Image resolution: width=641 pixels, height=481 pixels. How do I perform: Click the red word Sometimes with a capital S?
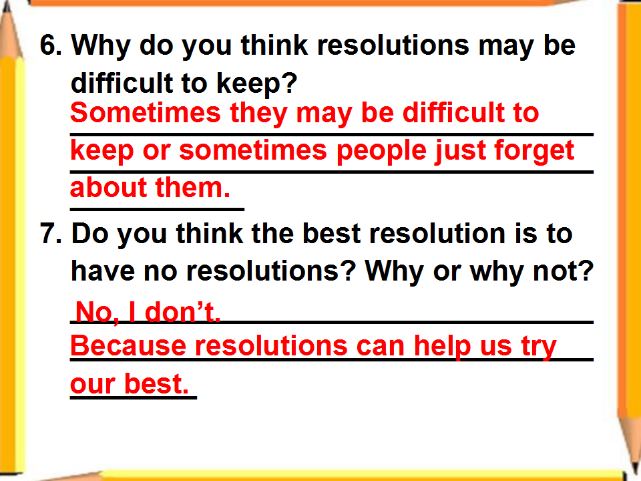(146, 113)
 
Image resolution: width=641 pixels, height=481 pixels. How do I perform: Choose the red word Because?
(129, 345)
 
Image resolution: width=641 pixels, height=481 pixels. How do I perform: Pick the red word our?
(93, 385)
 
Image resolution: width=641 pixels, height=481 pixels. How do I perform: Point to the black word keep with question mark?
(256, 83)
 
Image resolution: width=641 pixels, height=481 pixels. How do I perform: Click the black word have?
(103, 271)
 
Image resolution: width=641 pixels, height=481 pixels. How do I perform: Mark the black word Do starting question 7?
(90, 234)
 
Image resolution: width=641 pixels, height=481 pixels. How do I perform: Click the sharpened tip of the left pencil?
(6, 4)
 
